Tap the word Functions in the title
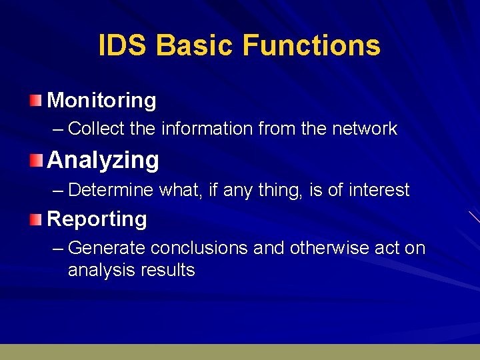[x=311, y=46]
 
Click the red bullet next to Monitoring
[x=35, y=101]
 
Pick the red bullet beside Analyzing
[x=35, y=160]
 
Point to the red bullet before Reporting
[x=35, y=219]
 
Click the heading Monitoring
[x=102, y=101]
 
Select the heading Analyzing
[x=103, y=160]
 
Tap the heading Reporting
[x=97, y=219]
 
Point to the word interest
[x=378, y=190]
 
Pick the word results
[x=169, y=270]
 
